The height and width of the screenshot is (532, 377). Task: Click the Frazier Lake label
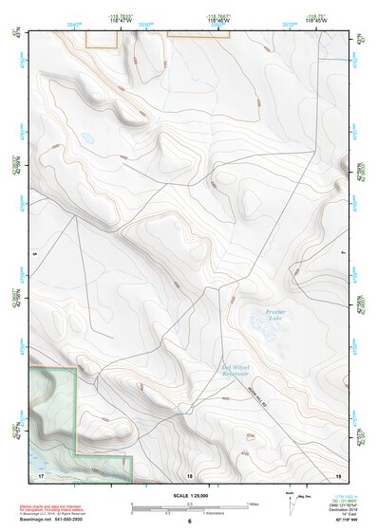click(x=274, y=314)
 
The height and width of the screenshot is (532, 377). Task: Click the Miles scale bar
click(x=190, y=505)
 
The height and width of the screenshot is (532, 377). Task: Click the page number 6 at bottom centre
click(x=190, y=523)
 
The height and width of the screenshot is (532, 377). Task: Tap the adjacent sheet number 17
click(x=41, y=472)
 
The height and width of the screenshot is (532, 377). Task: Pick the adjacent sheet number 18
click(x=189, y=473)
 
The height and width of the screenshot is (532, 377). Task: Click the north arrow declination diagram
click(x=290, y=500)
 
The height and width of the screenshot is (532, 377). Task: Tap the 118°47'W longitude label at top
click(x=120, y=18)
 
